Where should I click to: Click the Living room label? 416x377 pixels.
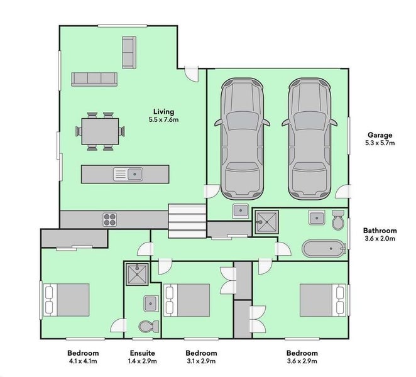tap(163, 112)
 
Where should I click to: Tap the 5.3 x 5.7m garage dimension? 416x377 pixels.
tap(380, 143)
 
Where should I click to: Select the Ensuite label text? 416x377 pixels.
tap(142, 353)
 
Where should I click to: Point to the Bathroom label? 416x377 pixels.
tap(380, 231)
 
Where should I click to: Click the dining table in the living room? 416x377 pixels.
tap(100, 131)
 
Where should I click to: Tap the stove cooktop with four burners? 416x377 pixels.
tap(109, 220)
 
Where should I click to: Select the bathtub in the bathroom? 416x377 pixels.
tap(324, 249)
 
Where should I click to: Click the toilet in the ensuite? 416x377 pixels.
tap(149, 326)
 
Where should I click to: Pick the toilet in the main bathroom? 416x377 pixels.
tap(338, 220)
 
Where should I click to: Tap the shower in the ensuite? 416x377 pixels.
tap(137, 275)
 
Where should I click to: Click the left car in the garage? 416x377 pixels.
tap(242, 139)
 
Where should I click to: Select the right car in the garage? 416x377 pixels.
tap(310, 139)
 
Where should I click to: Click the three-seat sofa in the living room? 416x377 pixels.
tap(94, 79)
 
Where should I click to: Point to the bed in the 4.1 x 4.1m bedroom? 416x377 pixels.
tap(66, 300)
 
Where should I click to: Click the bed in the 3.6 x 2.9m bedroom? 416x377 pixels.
tap(323, 300)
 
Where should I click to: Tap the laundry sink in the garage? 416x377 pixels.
tap(241, 210)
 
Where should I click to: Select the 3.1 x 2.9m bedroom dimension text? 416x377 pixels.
tap(200, 361)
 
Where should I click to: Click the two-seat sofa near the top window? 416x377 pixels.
tap(129, 53)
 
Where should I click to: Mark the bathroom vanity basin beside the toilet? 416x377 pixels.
tap(317, 218)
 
